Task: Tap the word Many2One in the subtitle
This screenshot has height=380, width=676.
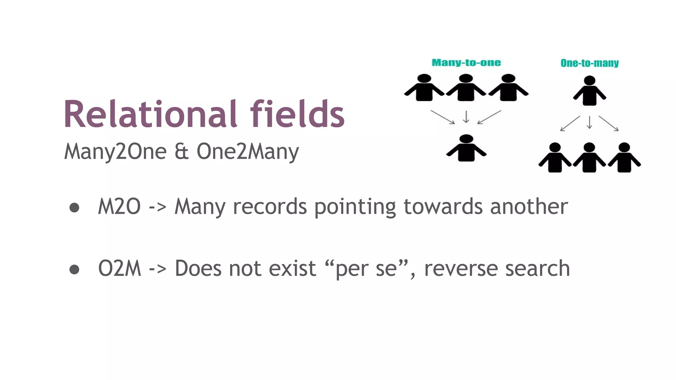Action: [115, 152]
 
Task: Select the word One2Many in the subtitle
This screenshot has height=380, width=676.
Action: [248, 152]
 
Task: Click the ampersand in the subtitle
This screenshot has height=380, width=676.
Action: [182, 152]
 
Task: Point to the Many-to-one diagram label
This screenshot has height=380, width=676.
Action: [466, 63]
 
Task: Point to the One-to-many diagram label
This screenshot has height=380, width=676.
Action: [590, 63]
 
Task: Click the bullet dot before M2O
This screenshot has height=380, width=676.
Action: [74, 207]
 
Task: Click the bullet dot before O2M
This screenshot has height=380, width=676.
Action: [74, 269]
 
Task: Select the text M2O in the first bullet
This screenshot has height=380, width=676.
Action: [119, 207]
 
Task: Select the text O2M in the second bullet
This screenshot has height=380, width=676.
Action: [119, 269]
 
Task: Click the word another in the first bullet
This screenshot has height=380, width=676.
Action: [529, 207]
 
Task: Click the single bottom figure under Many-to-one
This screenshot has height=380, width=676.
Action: [466, 148]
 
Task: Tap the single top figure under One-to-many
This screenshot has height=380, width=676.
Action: [590, 91]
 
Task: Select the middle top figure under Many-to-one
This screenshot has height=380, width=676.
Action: [466, 88]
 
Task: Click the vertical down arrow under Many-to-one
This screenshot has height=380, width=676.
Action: [466, 117]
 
